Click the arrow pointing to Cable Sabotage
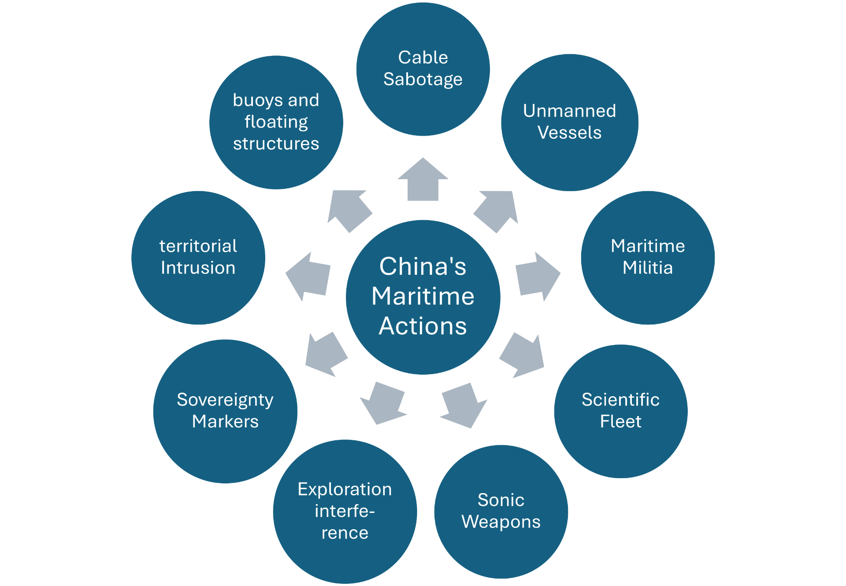423,181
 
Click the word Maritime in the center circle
423,296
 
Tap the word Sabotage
423,80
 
